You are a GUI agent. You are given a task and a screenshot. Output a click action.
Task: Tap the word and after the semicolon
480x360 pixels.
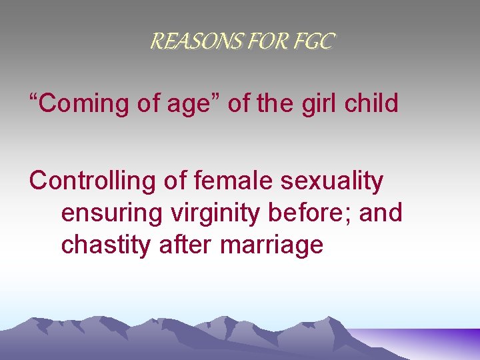pos(384,213)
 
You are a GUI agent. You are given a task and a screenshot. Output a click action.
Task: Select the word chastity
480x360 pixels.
pos(107,245)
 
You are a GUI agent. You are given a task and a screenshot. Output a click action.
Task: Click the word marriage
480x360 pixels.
pos(271,245)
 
